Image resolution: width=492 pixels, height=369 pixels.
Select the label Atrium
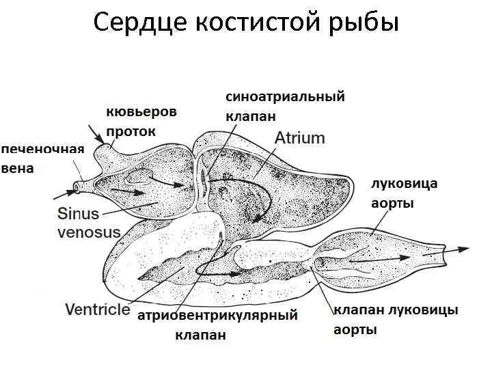point(299,138)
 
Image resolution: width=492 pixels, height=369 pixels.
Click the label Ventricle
point(97,309)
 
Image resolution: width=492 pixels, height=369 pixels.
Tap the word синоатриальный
point(285,97)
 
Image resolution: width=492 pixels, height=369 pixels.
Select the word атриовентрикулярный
point(218,316)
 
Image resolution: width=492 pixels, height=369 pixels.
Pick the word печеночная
point(42,150)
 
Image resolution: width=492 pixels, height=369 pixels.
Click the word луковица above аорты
point(404,184)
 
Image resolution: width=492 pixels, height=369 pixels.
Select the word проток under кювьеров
point(131,131)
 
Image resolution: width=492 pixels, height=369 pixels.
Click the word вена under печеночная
point(17,168)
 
